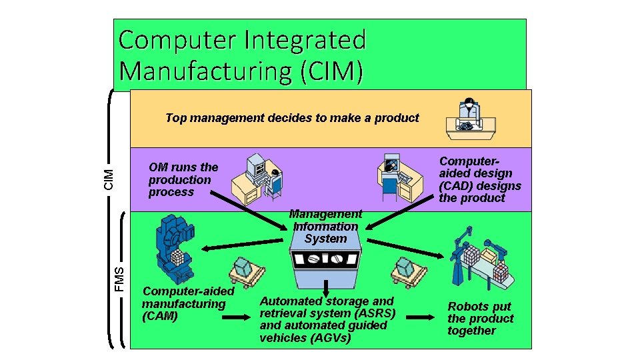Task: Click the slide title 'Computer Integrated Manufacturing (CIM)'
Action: click(x=242, y=55)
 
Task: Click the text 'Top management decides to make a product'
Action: click(x=292, y=118)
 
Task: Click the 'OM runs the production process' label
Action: click(x=183, y=179)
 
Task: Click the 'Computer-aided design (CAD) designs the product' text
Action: click(x=479, y=179)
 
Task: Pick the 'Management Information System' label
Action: click(x=325, y=226)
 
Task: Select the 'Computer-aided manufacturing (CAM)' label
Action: click(x=187, y=303)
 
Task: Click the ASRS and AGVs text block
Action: click(x=327, y=319)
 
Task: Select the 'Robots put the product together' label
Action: click(x=481, y=319)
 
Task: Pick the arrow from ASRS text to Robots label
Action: click(x=419, y=317)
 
